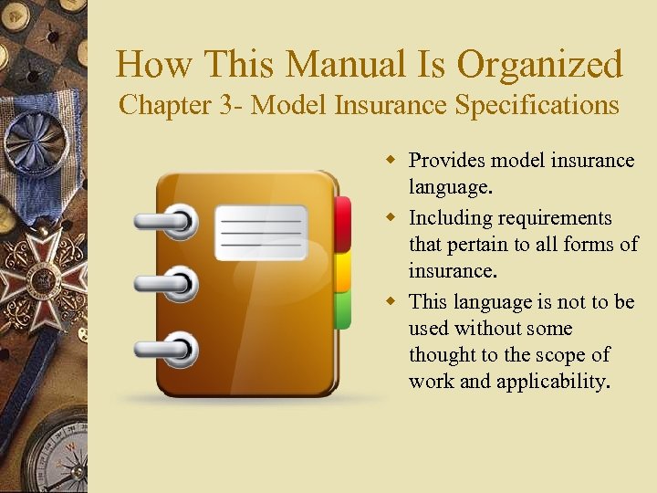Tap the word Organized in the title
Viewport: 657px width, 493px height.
point(539,65)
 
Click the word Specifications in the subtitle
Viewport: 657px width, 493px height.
point(530,105)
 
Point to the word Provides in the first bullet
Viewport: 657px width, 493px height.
point(446,161)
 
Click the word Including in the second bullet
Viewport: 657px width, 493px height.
point(446,218)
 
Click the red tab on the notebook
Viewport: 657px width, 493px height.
point(343,224)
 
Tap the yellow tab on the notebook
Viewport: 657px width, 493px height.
point(343,272)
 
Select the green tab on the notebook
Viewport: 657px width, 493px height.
point(343,309)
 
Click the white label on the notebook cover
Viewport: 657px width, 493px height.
point(261,232)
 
